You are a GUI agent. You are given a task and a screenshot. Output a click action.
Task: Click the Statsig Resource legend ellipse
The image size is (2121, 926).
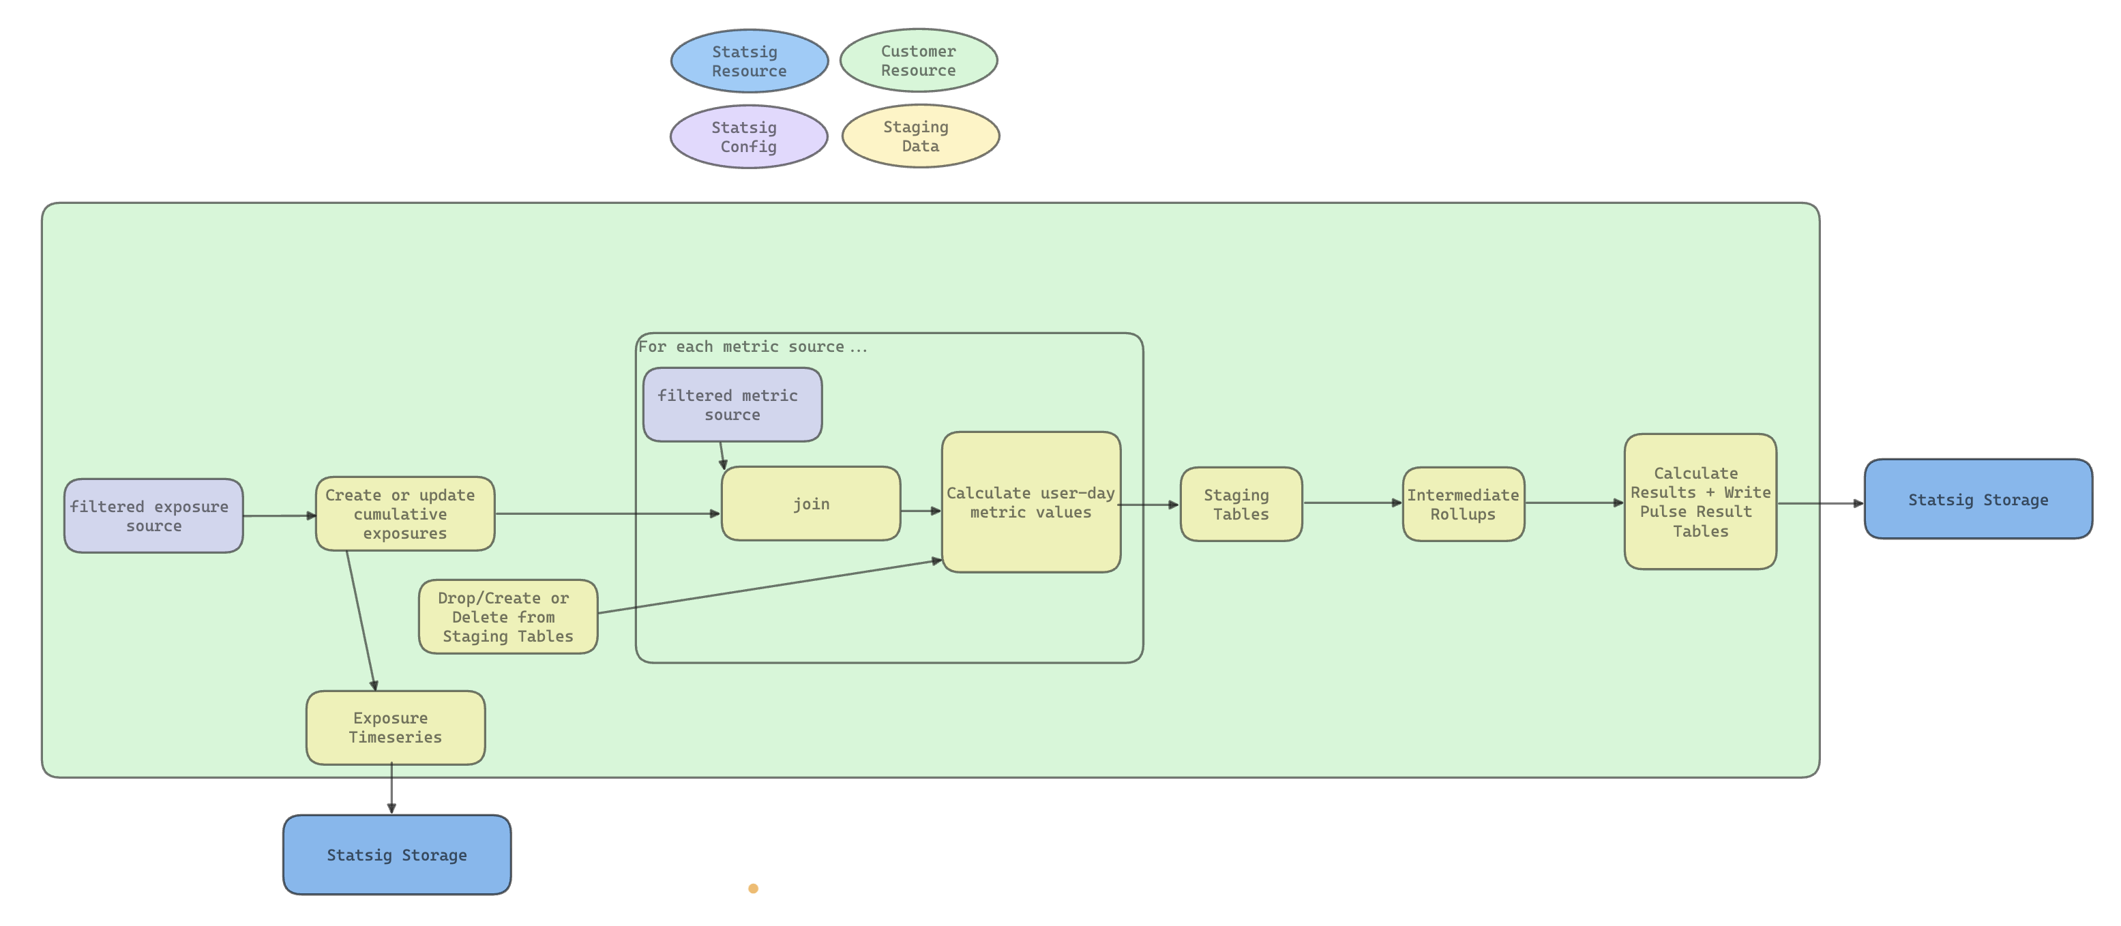point(750,61)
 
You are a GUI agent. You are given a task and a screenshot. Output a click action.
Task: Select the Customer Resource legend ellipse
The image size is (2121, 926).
point(918,60)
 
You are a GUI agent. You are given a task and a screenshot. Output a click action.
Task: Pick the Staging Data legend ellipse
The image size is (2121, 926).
point(920,136)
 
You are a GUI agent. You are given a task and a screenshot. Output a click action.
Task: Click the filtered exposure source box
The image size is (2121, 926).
point(153,516)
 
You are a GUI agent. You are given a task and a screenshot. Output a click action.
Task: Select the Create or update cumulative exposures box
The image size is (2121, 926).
point(404,513)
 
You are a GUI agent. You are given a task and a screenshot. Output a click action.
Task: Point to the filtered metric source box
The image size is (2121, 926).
point(732,405)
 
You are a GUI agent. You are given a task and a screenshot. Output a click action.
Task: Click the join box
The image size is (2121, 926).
point(810,504)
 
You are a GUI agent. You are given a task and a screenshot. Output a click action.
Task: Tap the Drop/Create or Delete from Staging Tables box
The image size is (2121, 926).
point(507,616)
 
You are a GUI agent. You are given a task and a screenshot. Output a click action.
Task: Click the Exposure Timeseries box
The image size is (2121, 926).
point(396,728)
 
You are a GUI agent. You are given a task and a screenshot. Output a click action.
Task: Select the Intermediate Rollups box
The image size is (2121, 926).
point(1463,504)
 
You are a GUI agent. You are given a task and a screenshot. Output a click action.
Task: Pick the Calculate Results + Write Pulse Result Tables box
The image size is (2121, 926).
point(1700,501)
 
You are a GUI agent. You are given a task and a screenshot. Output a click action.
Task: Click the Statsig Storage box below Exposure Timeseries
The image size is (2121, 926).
point(396,854)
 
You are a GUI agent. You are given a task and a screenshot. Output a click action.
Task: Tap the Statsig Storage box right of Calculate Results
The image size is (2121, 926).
point(1978,499)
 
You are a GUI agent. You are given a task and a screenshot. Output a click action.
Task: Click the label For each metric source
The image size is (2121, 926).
point(752,346)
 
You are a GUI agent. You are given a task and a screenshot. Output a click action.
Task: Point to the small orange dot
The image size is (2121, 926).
point(752,888)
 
